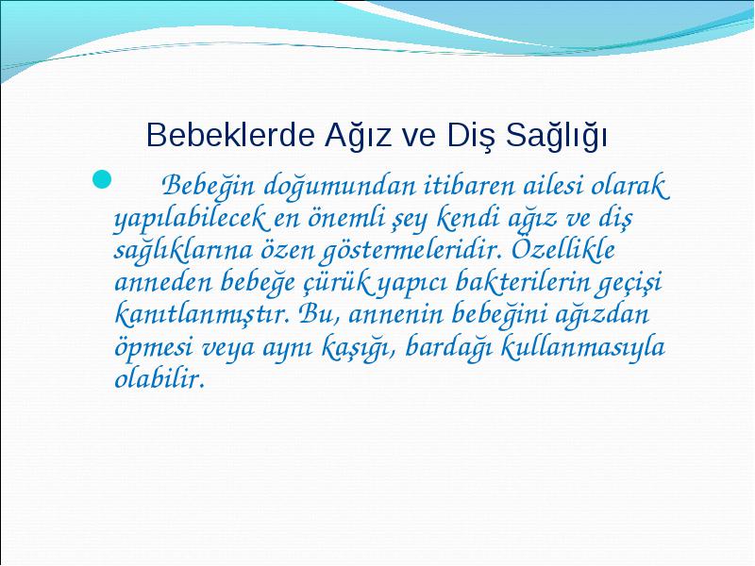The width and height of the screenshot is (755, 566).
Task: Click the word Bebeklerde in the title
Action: (x=230, y=135)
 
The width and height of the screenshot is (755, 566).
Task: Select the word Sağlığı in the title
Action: (x=556, y=135)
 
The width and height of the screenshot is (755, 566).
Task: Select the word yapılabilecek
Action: (x=189, y=220)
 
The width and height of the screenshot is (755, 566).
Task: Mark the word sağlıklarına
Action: (x=183, y=251)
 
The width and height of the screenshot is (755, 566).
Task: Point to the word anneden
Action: (x=163, y=282)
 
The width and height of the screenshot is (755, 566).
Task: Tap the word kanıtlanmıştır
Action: (x=203, y=315)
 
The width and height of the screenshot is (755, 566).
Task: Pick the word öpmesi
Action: (x=154, y=347)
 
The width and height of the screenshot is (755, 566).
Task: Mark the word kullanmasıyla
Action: (x=582, y=347)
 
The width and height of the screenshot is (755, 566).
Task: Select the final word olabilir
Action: (x=159, y=379)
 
